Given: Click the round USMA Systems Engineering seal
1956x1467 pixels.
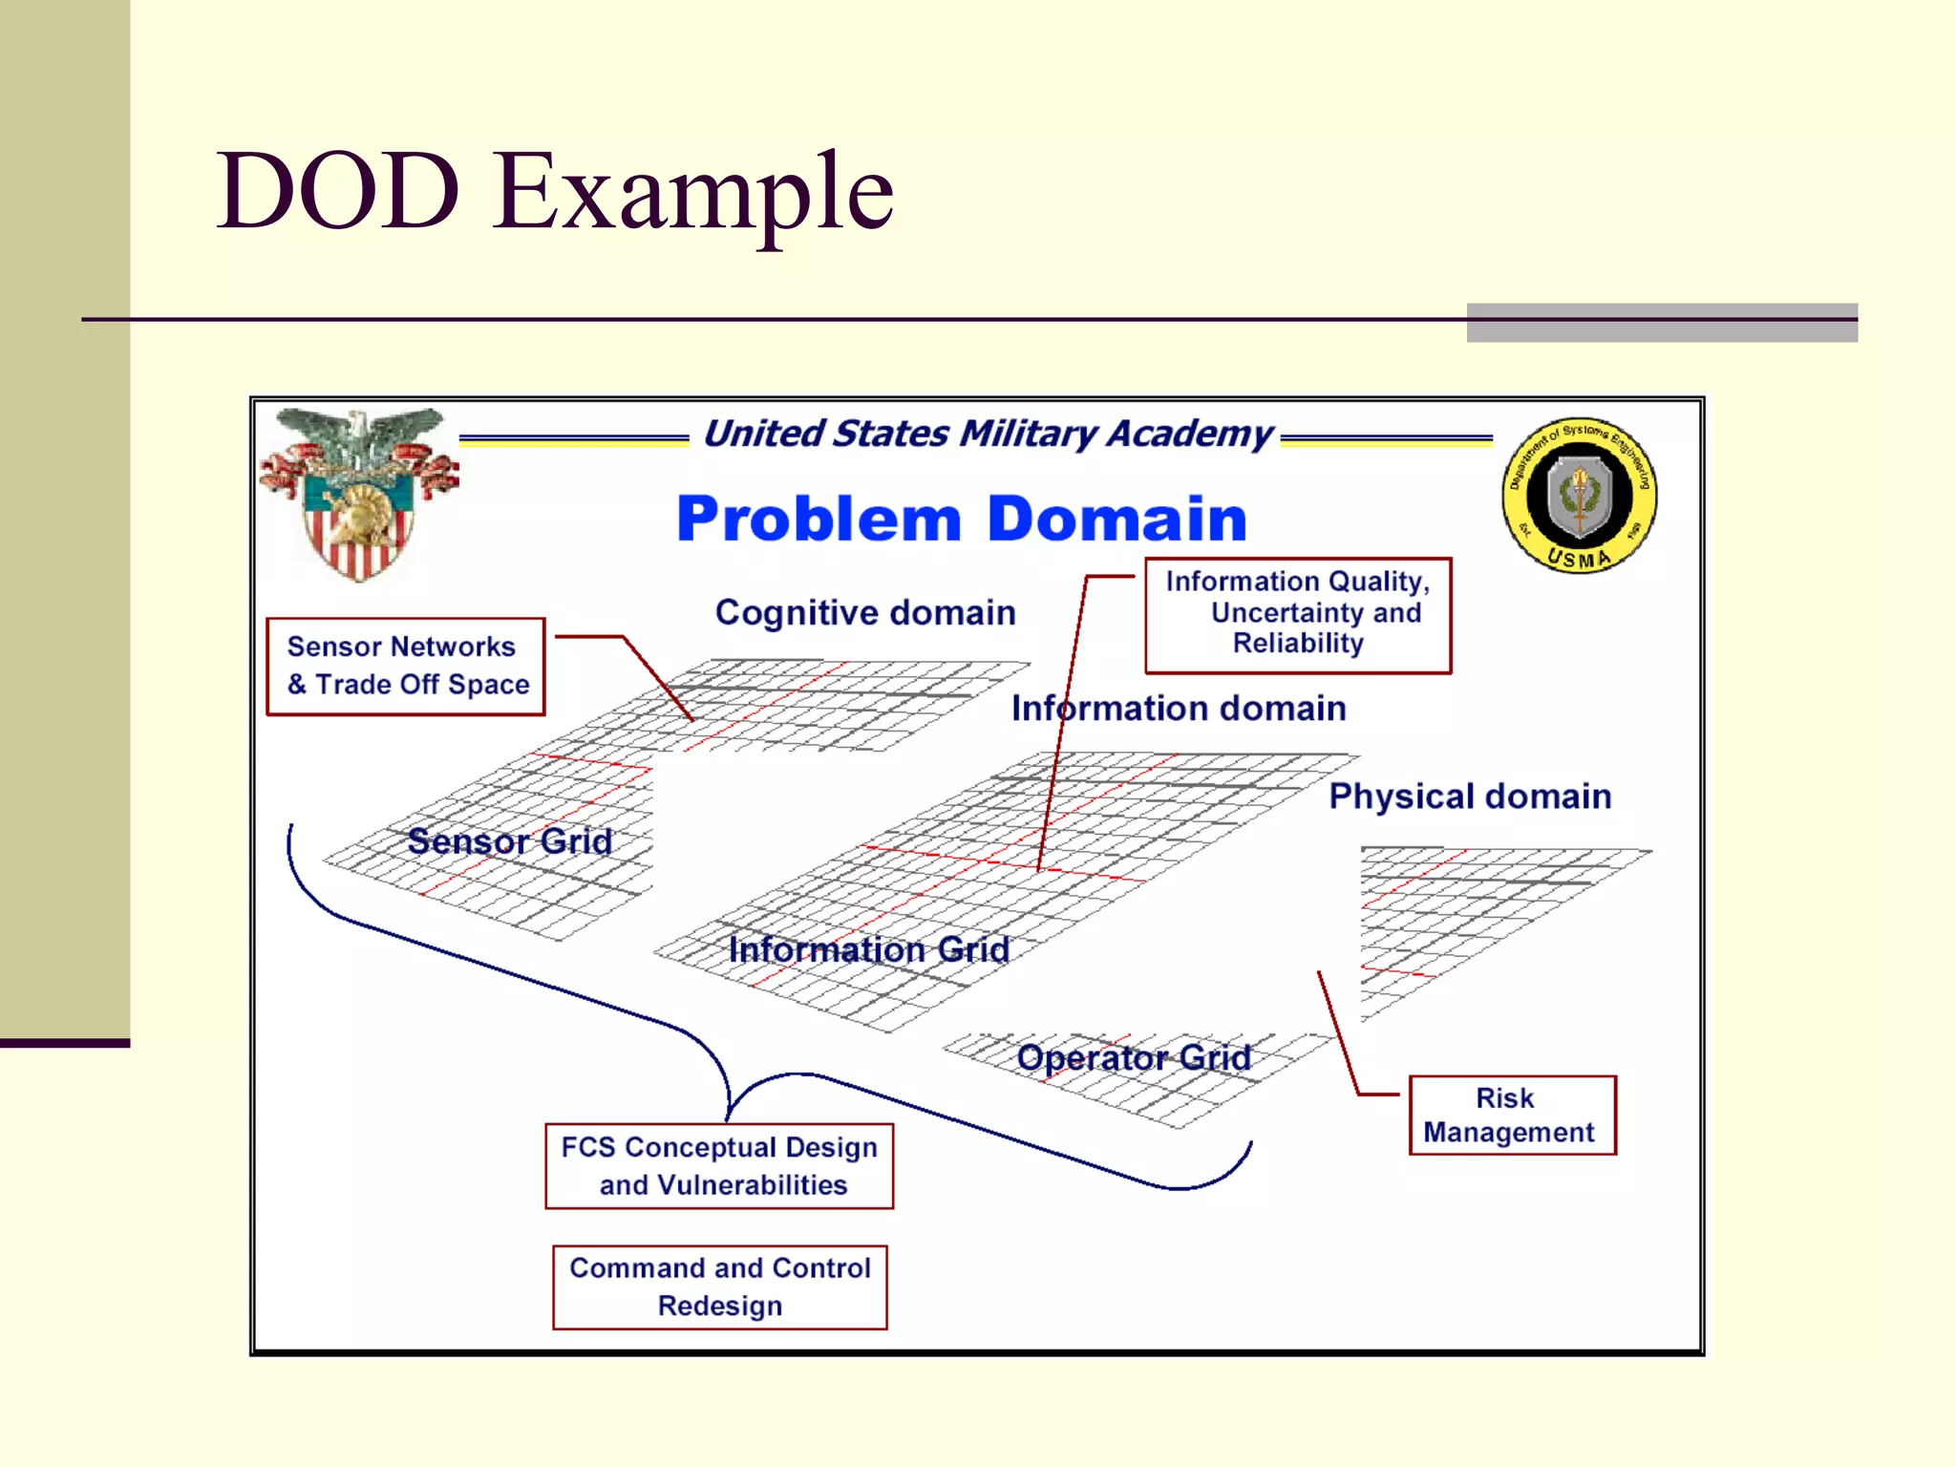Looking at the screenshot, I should click(1579, 495).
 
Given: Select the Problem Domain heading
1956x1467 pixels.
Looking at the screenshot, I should click(962, 519).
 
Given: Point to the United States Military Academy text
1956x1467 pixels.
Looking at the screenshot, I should click(988, 434).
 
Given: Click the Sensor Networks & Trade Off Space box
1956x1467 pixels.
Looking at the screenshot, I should click(406, 667).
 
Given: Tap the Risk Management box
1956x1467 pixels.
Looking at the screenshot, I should click(1512, 1116).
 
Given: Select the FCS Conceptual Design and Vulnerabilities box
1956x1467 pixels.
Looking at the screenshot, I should click(719, 1166).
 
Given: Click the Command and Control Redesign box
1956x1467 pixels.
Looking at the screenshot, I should click(719, 1286).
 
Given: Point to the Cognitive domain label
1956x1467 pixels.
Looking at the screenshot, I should click(865, 612).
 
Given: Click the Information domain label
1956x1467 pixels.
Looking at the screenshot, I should click(1179, 709).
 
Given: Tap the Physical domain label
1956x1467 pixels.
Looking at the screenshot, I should click(1470, 797).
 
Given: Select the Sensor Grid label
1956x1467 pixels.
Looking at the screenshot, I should click(509, 841).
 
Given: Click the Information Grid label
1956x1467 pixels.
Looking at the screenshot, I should click(868, 949).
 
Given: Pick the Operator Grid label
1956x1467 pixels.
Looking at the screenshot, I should click(1134, 1057).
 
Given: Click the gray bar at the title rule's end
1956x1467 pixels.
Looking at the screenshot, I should click(1662, 323).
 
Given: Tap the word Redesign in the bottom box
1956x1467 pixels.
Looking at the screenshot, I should click(719, 1306).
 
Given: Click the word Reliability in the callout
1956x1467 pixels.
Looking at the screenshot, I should click(1298, 644).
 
